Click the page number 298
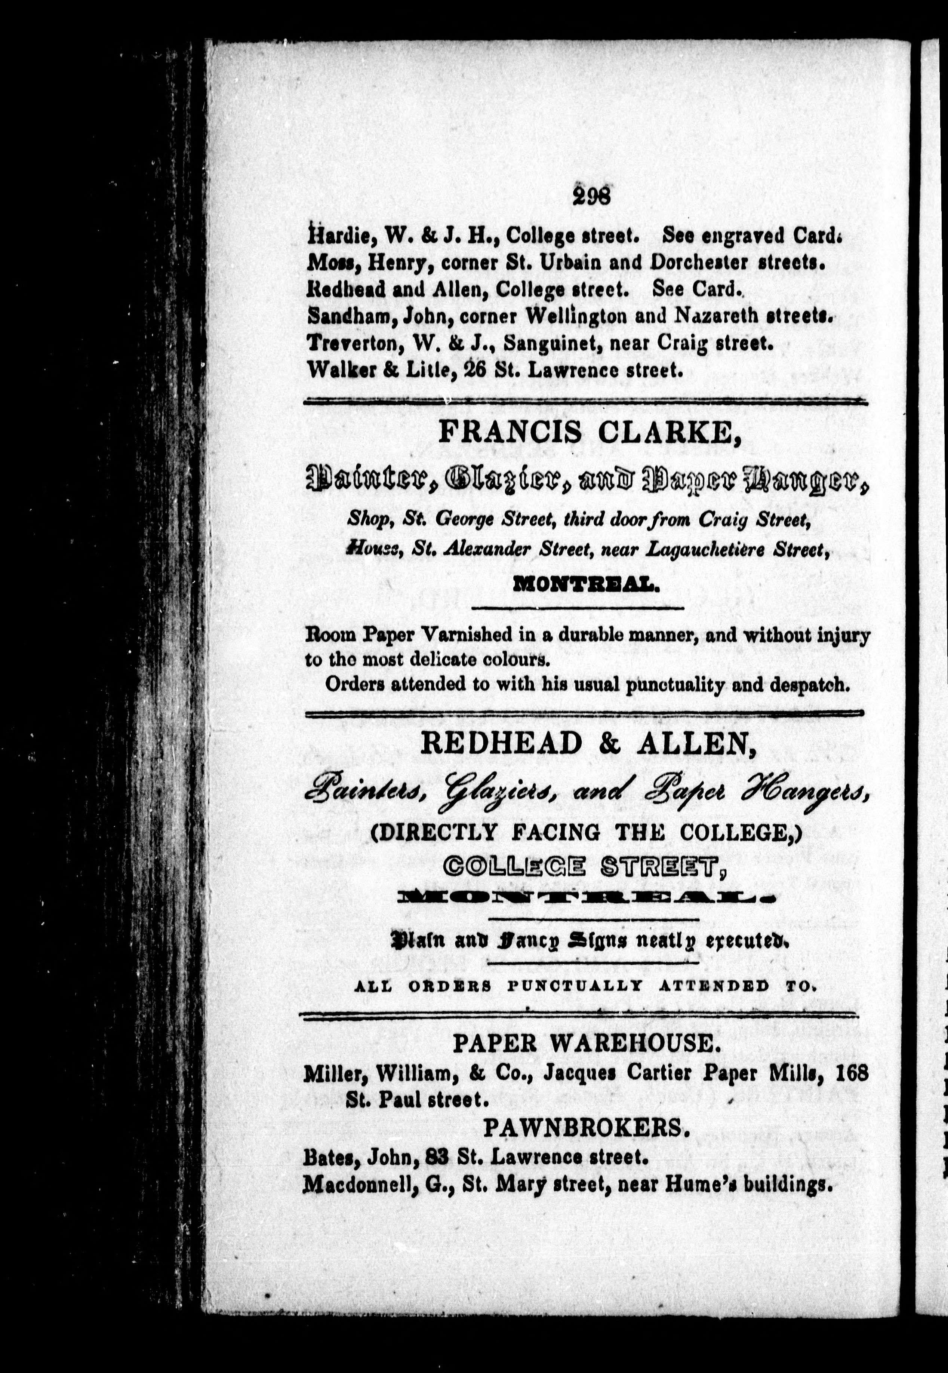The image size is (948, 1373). [x=592, y=195]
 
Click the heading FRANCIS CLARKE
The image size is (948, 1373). [x=590, y=433]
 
